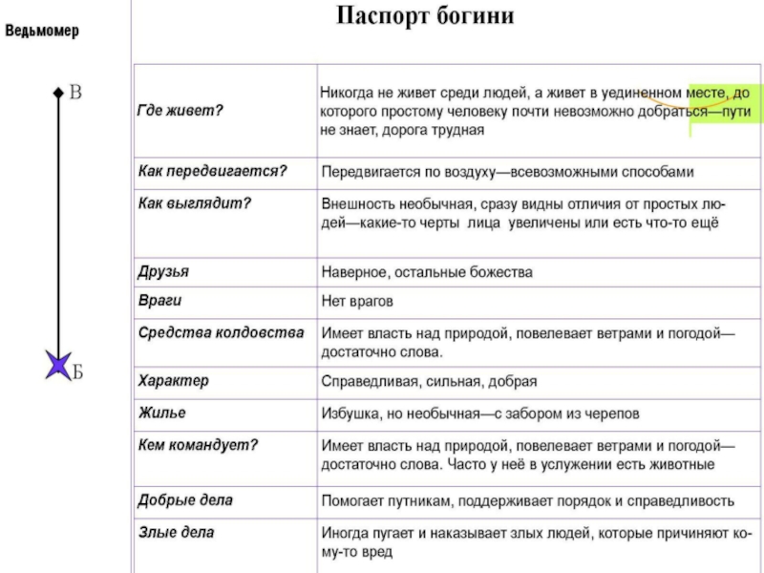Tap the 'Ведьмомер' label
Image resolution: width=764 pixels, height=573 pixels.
coord(42,31)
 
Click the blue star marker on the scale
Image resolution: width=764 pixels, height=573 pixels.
coord(57,365)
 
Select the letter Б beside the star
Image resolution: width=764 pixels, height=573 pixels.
coord(77,372)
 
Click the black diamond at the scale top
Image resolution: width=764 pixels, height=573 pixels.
coord(58,93)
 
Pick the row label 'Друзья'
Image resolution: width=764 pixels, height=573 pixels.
coord(163,271)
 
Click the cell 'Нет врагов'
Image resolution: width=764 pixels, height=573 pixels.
coord(357,301)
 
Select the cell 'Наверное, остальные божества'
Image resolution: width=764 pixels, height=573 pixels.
coord(427,272)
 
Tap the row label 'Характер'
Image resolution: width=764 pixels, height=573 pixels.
coord(173,380)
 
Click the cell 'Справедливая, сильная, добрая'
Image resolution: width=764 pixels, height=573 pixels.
coord(429,381)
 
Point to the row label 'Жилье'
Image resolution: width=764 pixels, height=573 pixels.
coord(161,413)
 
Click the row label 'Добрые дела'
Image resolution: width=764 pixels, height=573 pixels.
coord(185,499)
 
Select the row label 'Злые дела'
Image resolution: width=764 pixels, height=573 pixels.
coord(177,532)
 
